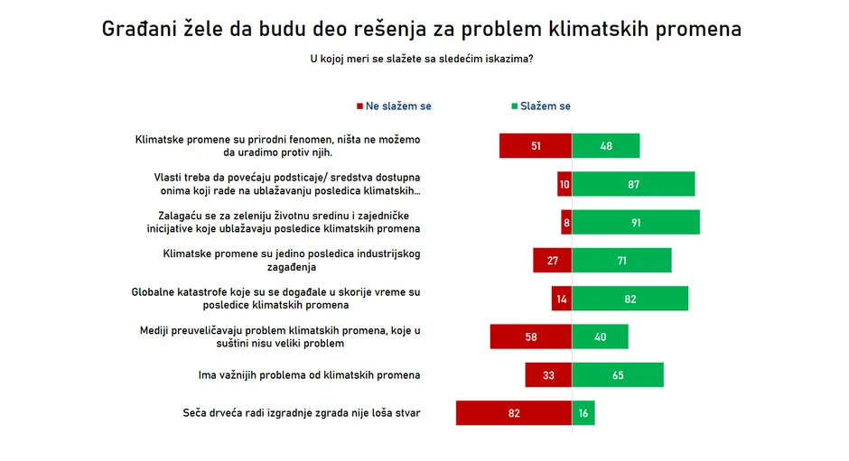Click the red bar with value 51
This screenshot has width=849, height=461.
tap(536, 146)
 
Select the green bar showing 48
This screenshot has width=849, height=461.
tap(606, 146)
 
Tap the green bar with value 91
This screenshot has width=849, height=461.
tap(636, 223)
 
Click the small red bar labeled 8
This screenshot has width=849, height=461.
tap(566, 223)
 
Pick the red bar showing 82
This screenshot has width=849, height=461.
tap(514, 413)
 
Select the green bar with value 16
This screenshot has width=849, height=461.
tap(583, 413)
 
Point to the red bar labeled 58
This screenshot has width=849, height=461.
tap(531, 337)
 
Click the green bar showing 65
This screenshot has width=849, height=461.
tap(618, 375)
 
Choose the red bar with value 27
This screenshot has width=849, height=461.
tap(553, 261)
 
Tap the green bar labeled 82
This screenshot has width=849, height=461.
tap(630, 299)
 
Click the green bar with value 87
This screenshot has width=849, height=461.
tap(633, 184)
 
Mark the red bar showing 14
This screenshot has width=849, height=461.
tap(562, 299)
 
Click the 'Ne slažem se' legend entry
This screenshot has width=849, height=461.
tap(394, 106)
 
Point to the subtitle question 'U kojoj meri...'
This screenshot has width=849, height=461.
tap(421, 60)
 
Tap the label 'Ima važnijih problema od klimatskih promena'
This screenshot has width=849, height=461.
tap(309, 375)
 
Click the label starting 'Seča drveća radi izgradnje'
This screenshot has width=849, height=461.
tap(302, 414)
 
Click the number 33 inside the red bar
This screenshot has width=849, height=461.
tap(548, 375)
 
